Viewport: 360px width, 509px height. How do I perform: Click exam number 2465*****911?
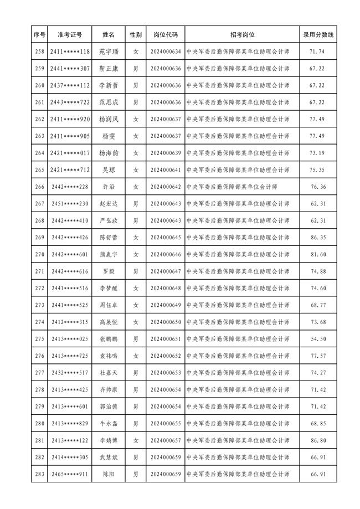(69, 475)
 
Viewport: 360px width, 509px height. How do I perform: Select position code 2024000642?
(166, 187)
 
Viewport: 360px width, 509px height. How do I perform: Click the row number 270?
(39, 255)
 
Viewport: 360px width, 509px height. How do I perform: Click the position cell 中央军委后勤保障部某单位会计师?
(232, 187)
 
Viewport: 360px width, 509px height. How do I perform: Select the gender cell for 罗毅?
(136, 271)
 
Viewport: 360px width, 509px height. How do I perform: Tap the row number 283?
(39, 475)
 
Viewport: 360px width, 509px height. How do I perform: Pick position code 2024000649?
(166, 305)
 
